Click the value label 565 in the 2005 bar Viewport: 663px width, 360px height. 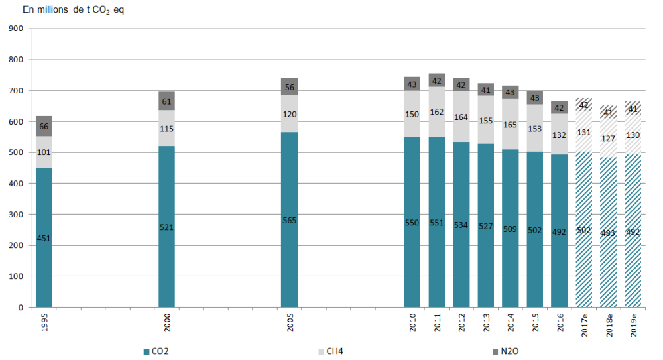click(x=289, y=221)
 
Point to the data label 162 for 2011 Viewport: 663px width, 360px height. click(x=436, y=113)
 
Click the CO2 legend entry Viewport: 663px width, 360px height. click(x=156, y=351)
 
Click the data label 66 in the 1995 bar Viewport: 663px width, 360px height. click(x=44, y=127)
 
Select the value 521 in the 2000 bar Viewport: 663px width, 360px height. click(x=166, y=227)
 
